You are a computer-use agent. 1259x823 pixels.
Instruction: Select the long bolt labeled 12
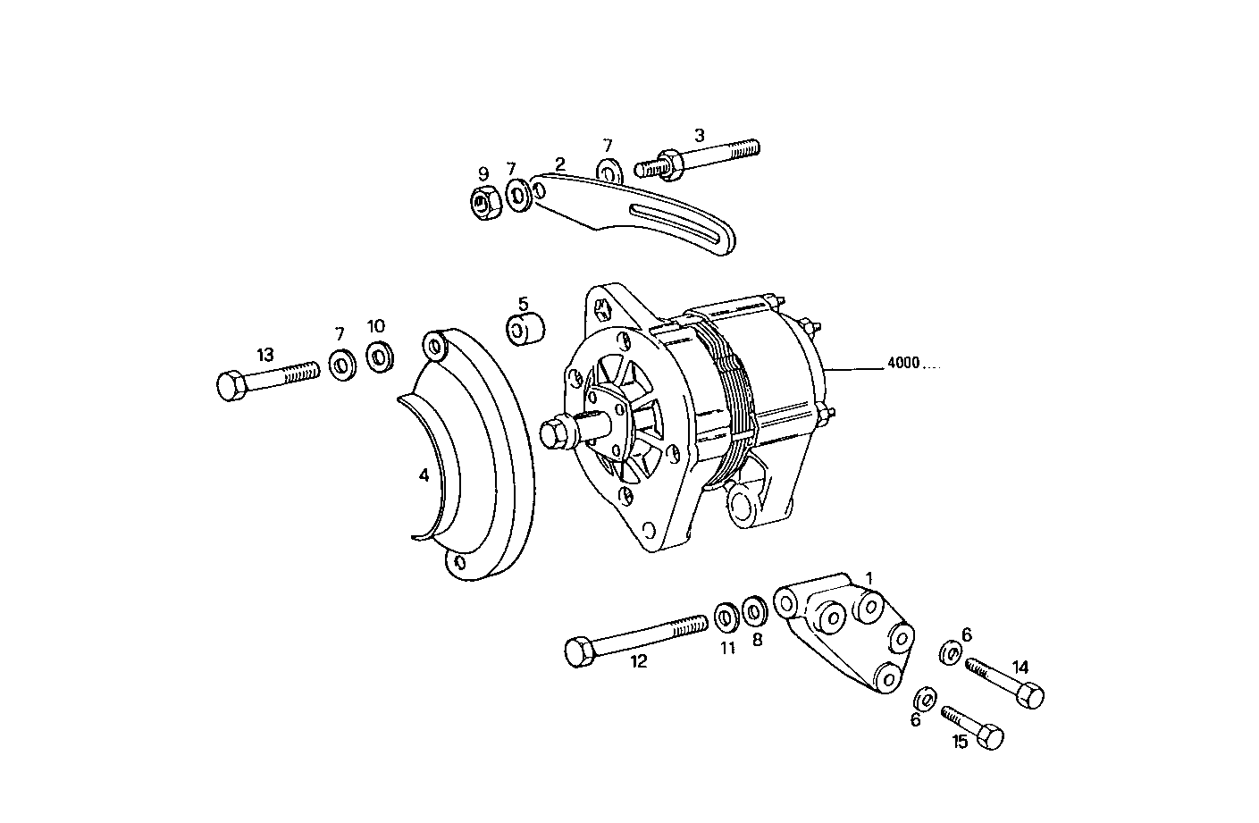634,636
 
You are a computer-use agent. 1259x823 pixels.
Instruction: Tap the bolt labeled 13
267,378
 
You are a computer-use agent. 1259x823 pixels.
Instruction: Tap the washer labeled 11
726,617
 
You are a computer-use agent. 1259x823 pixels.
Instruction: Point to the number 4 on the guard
424,475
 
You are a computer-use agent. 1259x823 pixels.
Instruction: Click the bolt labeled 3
697,160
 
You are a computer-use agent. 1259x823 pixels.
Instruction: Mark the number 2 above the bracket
560,164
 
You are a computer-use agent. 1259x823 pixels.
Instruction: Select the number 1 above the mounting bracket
869,579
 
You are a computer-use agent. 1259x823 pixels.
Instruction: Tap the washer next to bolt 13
340,364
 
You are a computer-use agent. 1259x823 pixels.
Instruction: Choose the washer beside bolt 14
950,653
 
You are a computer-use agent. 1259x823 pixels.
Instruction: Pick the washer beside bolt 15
926,698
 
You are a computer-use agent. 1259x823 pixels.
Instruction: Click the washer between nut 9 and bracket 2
516,194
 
